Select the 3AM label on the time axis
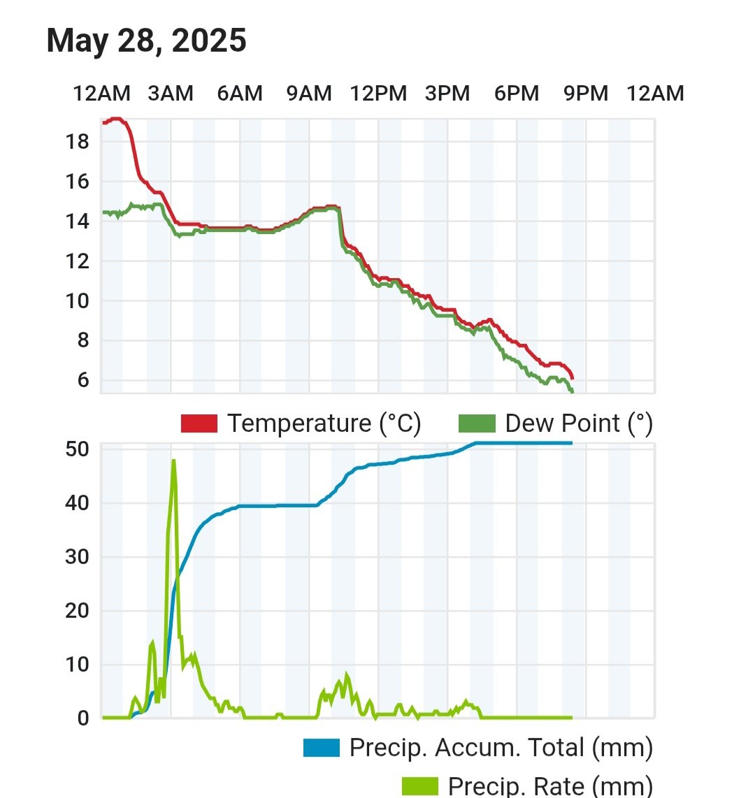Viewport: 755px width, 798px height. coord(171,94)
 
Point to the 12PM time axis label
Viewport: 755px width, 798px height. coord(378,94)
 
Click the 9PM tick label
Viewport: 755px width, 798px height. coord(586,94)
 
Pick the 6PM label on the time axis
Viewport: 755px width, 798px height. coord(517,94)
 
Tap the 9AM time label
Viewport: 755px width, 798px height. coord(309,94)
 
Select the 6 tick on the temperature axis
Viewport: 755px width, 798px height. coord(83,381)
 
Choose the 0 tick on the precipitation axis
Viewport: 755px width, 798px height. coord(83,718)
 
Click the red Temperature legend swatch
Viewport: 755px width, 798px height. coord(199,423)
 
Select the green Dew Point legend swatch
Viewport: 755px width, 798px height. coord(477,423)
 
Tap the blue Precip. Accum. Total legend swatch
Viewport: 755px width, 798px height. coord(322,748)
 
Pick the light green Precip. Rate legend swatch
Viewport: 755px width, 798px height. coord(420,786)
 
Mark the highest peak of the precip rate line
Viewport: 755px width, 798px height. coord(173,460)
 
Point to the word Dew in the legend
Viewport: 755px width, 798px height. coord(527,423)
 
